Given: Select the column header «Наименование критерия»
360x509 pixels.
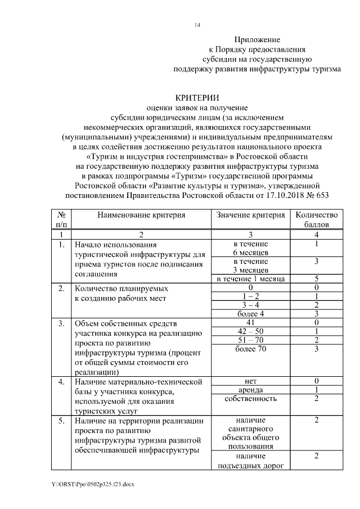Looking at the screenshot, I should point(141,215).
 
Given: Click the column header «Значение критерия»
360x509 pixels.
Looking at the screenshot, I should point(251,215).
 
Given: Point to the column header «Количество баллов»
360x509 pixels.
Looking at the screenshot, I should point(317,220).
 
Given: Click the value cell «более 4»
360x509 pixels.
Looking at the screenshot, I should point(251,314).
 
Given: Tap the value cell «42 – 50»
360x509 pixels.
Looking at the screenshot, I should point(251,332).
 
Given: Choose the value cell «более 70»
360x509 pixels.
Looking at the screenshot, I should point(251,349).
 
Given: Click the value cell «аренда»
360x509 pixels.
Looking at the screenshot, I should point(251,390).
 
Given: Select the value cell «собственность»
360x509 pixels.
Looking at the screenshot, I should point(251,399).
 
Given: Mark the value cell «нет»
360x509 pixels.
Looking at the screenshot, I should point(251,381).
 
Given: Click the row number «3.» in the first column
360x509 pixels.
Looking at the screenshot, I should point(61,323).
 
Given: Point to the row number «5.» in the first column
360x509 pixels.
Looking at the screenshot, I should point(61,421).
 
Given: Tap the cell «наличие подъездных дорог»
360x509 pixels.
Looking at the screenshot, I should point(251,461).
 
